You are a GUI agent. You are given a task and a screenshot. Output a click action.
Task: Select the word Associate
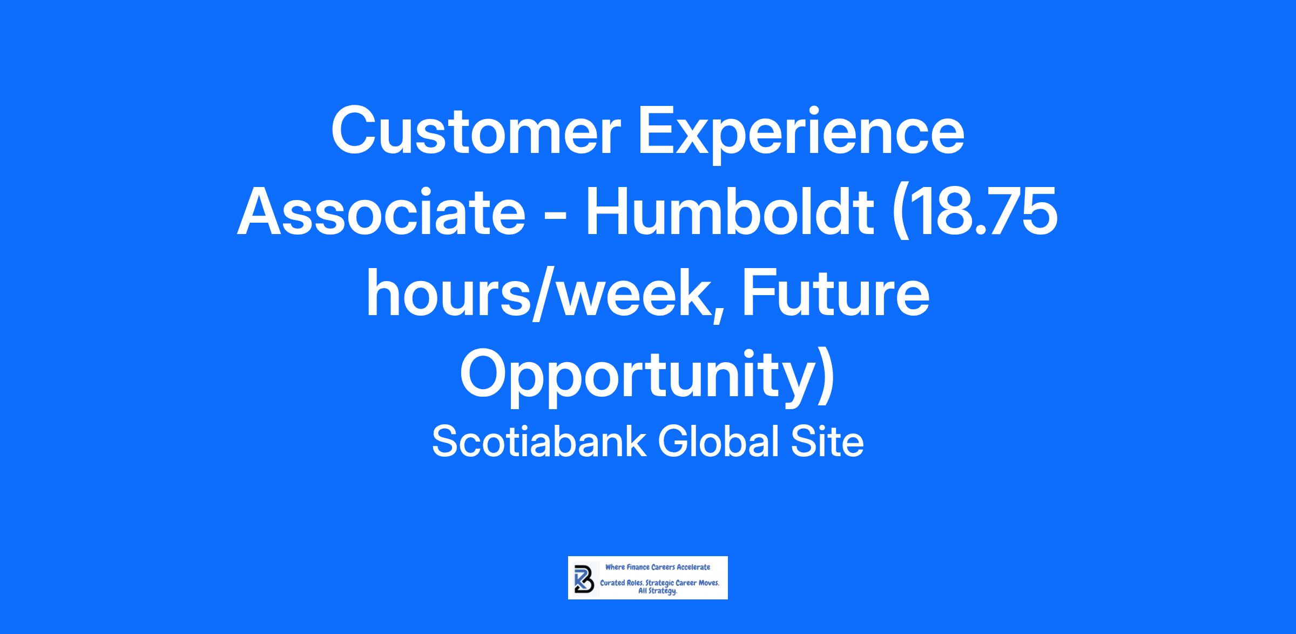[x=381, y=212]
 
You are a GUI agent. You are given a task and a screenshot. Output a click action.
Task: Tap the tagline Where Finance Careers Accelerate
[x=658, y=567]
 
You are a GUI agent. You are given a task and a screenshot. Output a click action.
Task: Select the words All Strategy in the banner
[x=658, y=591]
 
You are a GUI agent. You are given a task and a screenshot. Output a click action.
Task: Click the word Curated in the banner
[x=612, y=584]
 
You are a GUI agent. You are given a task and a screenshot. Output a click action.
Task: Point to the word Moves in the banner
[x=708, y=584]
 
